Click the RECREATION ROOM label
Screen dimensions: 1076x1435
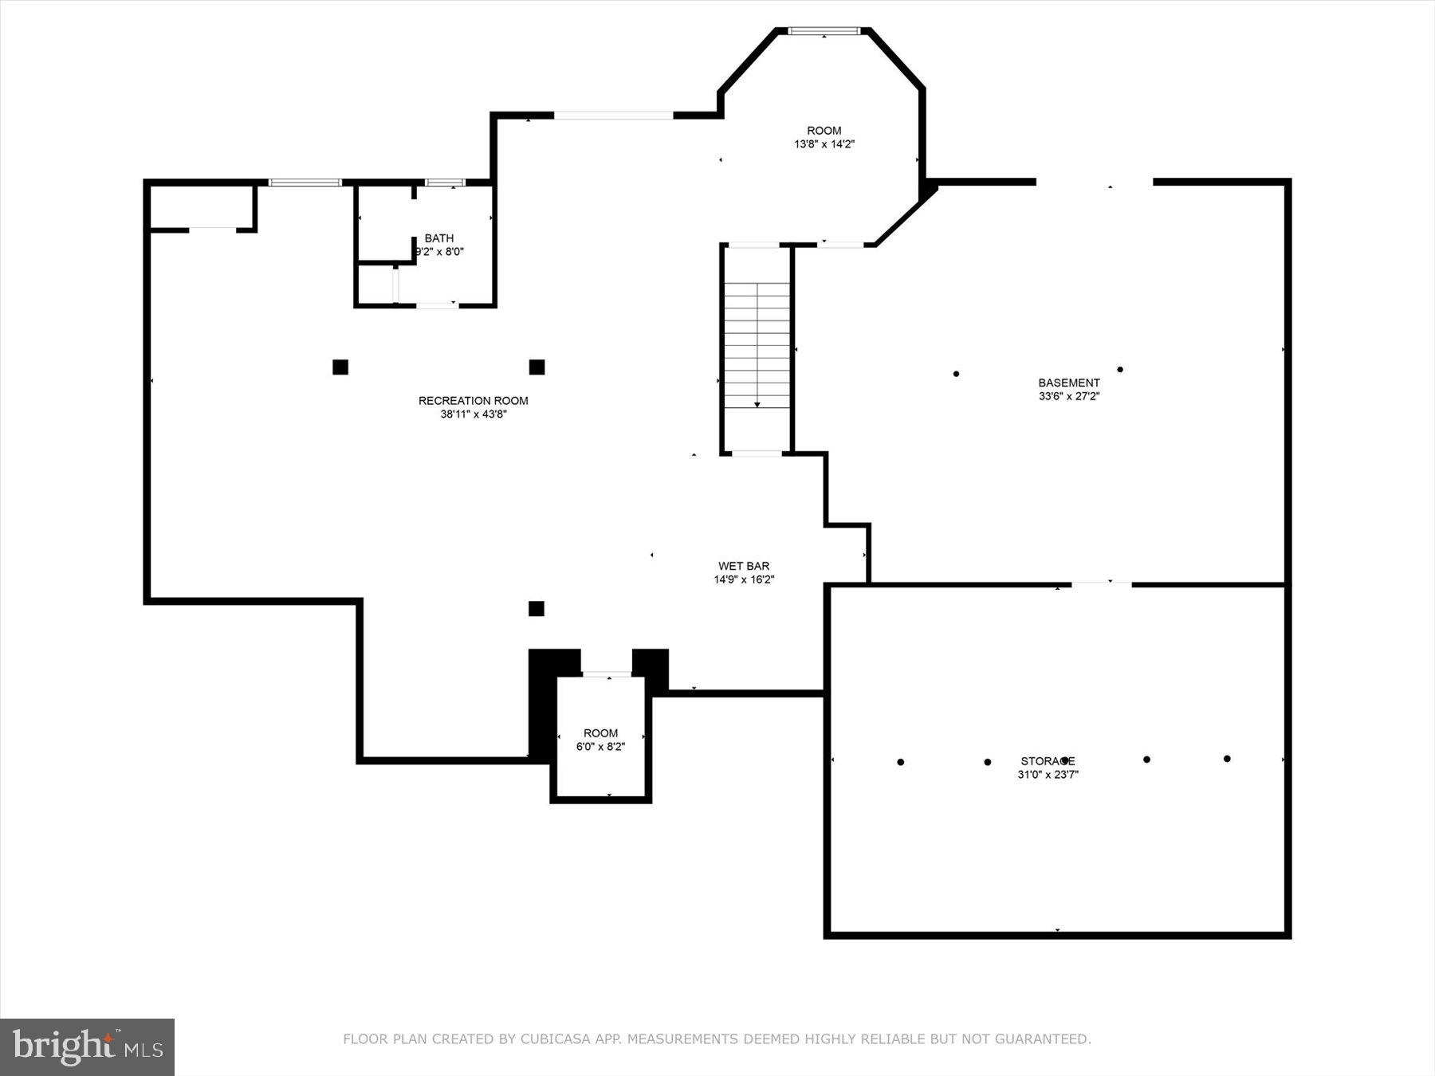473,400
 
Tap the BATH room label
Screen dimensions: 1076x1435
439,238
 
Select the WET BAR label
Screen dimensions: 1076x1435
744,566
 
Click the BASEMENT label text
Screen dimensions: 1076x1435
1068,383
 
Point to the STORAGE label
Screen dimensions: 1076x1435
1048,760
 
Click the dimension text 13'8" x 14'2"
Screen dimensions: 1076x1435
824,144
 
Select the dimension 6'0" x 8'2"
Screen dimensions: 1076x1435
600,747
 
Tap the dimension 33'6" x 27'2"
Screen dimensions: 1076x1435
1068,396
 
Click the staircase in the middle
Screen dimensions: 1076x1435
757,347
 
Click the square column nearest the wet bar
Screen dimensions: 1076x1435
537,609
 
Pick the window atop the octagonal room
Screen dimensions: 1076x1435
824,31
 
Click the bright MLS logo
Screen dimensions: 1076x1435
87,1046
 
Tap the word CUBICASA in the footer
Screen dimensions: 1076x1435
551,1039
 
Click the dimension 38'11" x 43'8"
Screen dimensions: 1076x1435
473,414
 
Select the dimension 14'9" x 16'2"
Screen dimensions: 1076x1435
744,579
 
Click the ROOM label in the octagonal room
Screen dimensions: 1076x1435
824,131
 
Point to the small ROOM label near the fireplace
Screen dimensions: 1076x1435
600,733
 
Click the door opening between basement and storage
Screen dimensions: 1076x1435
1101,584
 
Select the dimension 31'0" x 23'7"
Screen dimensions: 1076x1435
1048,774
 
